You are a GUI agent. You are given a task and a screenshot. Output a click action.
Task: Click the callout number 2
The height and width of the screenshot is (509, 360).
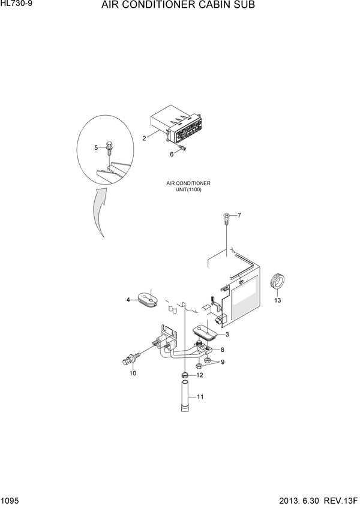click(x=144, y=138)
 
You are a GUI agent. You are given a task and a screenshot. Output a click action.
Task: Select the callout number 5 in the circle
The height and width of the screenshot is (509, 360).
click(x=96, y=147)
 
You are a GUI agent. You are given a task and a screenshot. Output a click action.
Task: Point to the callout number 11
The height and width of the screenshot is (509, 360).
click(x=200, y=396)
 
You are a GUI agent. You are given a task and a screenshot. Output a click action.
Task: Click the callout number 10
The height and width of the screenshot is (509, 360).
click(x=133, y=373)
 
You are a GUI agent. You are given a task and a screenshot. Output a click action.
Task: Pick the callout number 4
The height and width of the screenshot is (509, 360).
click(x=128, y=300)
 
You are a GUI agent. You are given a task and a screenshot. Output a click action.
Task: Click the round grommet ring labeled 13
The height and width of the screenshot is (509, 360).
click(x=278, y=281)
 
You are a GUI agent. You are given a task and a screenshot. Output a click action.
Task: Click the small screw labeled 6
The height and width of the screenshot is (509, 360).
click(x=183, y=146)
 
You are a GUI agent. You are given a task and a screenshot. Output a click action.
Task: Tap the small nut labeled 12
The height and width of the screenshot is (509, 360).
click(x=185, y=376)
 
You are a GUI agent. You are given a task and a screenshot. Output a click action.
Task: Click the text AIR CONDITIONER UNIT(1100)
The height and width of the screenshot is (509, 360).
click(x=188, y=186)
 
